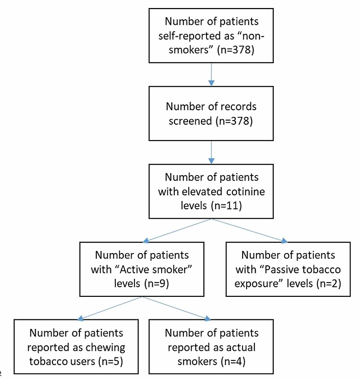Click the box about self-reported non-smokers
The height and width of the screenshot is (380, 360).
coord(211,36)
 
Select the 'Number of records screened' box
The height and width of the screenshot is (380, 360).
coord(211,113)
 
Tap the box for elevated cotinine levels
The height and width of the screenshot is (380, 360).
coord(211,191)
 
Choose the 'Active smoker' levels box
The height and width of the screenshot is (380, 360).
coord(142,269)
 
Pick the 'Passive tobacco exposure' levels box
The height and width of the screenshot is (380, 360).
coord(288,269)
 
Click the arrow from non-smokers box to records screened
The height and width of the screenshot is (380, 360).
coord(211,75)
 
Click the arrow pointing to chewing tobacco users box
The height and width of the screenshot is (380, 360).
coord(110,308)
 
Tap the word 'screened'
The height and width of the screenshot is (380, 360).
coord(190,120)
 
